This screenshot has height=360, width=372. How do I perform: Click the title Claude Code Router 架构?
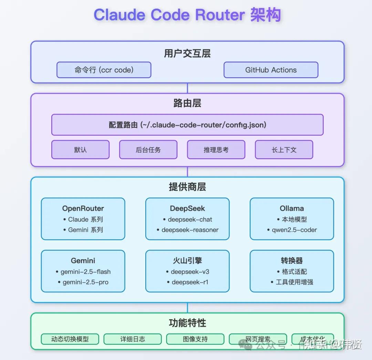click(x=187, y=15)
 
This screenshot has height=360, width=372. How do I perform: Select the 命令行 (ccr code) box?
click(x=104, y=70)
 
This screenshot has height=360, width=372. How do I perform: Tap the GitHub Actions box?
click(x=271, y=70)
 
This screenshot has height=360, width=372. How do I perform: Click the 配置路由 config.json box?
click(x=187, y=125)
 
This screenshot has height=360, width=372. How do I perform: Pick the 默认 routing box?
click(x=80, y=150)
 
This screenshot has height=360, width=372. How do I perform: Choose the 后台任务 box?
click(x=148, y=150)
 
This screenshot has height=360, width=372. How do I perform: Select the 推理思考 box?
click(x=216, y=150)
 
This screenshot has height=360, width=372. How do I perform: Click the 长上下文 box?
click(x=284, y=150)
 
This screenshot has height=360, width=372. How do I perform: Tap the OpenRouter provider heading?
click(x=83, y=208)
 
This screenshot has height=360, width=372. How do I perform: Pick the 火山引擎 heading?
click(x=187, y=261)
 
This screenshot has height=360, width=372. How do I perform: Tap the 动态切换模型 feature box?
click(x=70, y=339)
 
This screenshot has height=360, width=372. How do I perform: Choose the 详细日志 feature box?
click(x=133, y=339)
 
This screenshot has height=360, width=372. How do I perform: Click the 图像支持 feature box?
click(x=195, y=339)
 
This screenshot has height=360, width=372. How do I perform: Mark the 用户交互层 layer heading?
click(x=187, y=53)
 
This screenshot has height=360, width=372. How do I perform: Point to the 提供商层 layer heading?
click(x=187, y=187)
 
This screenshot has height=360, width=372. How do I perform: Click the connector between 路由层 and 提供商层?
click(x=187, y=172)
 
